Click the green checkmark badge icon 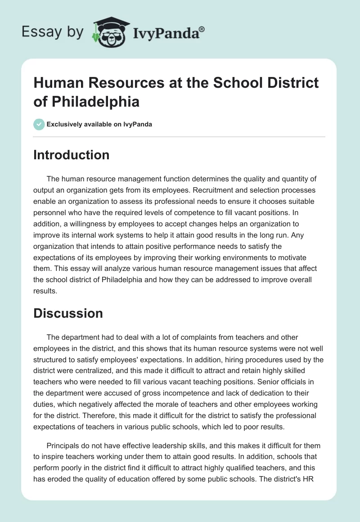pos(39,124)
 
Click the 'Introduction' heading pos(72,155)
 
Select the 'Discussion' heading pos(68,313)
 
